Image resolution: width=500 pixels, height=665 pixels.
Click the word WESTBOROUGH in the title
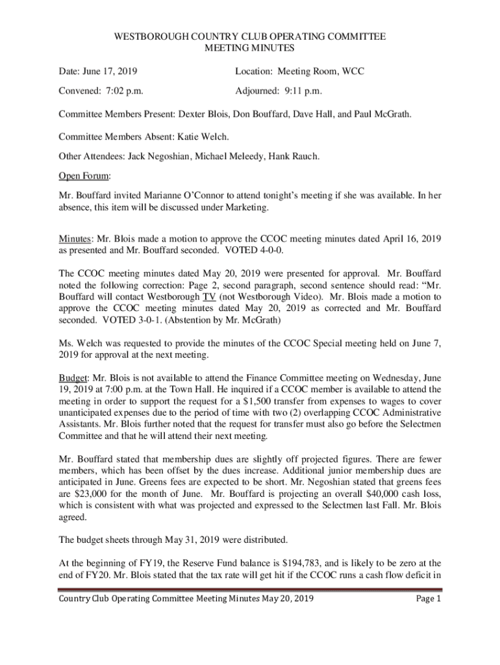tap(144, 37)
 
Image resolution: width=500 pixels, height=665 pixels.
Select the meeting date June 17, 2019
tap(109, 71)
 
